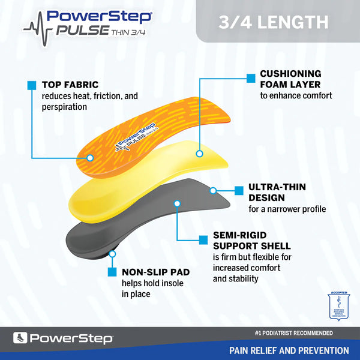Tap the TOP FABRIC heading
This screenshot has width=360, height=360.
70,85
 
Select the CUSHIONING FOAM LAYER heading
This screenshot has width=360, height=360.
291,79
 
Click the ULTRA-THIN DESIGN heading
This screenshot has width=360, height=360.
277,193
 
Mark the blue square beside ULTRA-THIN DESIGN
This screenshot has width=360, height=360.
238,191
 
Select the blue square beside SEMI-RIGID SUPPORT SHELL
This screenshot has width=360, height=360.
203,239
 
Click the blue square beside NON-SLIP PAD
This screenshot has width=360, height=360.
112,272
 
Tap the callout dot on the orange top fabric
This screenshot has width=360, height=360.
90,158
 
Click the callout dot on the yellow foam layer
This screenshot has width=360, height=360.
199,154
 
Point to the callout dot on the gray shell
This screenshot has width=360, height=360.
177,203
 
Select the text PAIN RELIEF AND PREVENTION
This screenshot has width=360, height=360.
289,350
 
